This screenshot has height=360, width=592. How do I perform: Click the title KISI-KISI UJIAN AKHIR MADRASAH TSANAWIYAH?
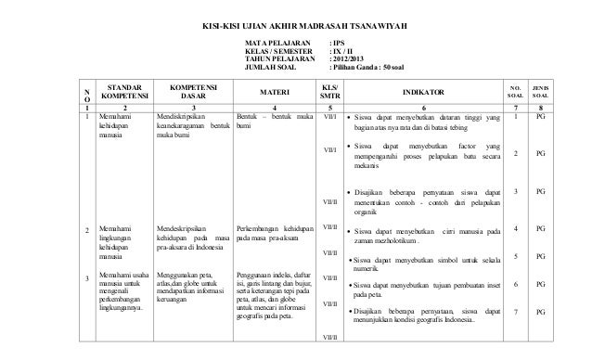click(x=295, y=22)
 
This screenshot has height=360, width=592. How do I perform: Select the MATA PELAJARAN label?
click(x=271, y=43)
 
